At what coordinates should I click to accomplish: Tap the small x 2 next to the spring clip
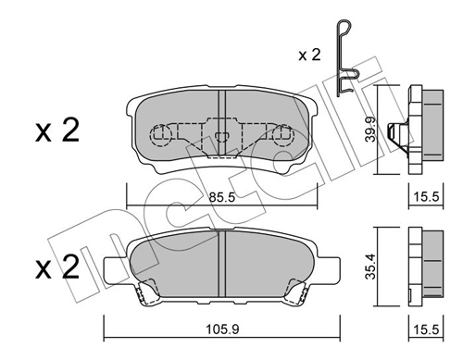click(309, 55)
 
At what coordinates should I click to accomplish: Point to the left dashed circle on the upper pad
click(161, 136)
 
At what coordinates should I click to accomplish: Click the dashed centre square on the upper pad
click(220, 140)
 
